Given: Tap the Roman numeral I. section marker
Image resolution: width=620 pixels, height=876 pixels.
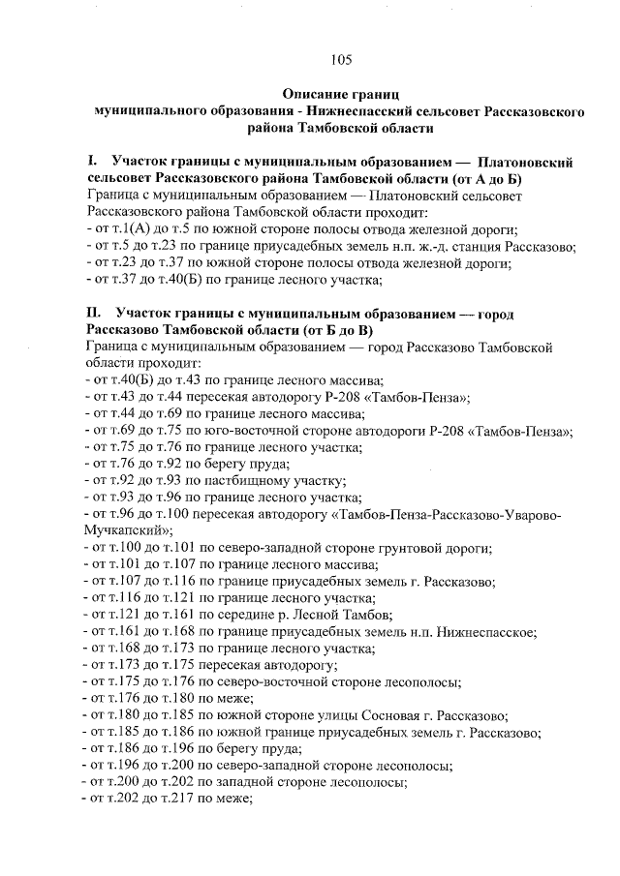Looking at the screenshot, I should pyautogui.click(x=91, y=163).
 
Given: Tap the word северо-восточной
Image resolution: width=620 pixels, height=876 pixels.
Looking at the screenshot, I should pyautogui.click(x=278, y=681).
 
